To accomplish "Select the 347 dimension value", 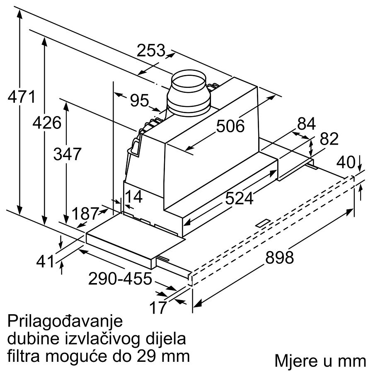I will [x=67, y=154].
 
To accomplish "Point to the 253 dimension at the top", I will [x=151, y=51].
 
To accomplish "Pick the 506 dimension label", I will [x=230, y=126].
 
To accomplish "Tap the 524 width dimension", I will [x=239, y=199].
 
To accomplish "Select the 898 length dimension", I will [x=279, y=257].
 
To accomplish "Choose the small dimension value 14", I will [x=133, y=196].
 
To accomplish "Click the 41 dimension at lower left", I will [x=46, y=262].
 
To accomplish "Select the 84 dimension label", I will [x=307, y=124].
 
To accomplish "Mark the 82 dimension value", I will [x=329, y=139].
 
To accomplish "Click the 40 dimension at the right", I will [x=347, y=162].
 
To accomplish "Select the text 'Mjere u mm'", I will [x=320, y=361].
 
